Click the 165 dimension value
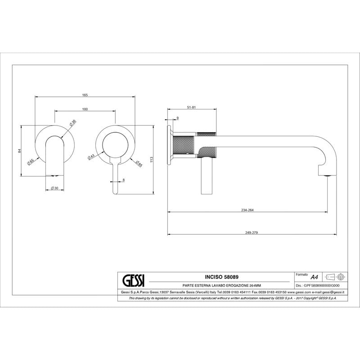pyautogui.click(x=85, y=95)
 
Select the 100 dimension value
pyautogui.click(x=85, y=109)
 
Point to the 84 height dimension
pyautogui.click(x=19, y=151)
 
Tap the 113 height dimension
pyautogui.click(x=151, y=159)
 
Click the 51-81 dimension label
pyautogui.click(x=192, y=107)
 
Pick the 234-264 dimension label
pyautogui.click(x=247, y=210)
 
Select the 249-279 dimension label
pyautogui.click(x=252, y=232)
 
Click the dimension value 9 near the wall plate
pyautogui.click(x=177, y=118)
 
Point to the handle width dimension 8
pyautogui.click(x=123, y=180)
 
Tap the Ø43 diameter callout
pyautogui.click(x=91, y=157)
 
